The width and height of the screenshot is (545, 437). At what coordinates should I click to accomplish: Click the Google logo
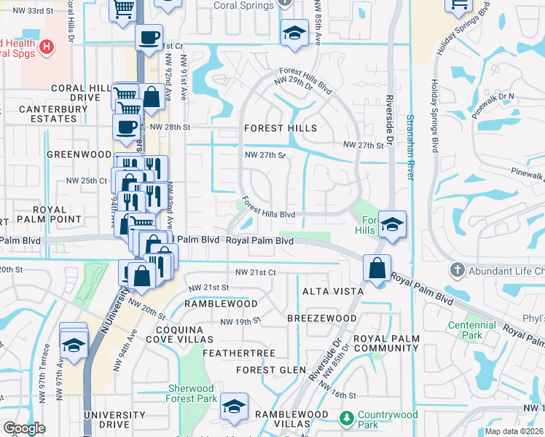[x=24, y=428]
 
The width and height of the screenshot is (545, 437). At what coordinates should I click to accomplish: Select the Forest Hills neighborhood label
[x=281, y=128]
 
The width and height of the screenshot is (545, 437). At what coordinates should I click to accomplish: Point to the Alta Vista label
[x=333, y=291]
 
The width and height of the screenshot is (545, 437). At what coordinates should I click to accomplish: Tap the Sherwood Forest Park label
[x=192, y=393]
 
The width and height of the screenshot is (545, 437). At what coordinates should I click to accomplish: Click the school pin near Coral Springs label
[x=294, y=33]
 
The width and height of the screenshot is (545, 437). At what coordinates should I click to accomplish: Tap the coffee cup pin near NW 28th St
[x=125, y=127]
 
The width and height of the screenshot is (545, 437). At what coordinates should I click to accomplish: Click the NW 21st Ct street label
[x=255, y=272]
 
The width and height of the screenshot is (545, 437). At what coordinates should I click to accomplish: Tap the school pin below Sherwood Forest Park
[x=235, y=406]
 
